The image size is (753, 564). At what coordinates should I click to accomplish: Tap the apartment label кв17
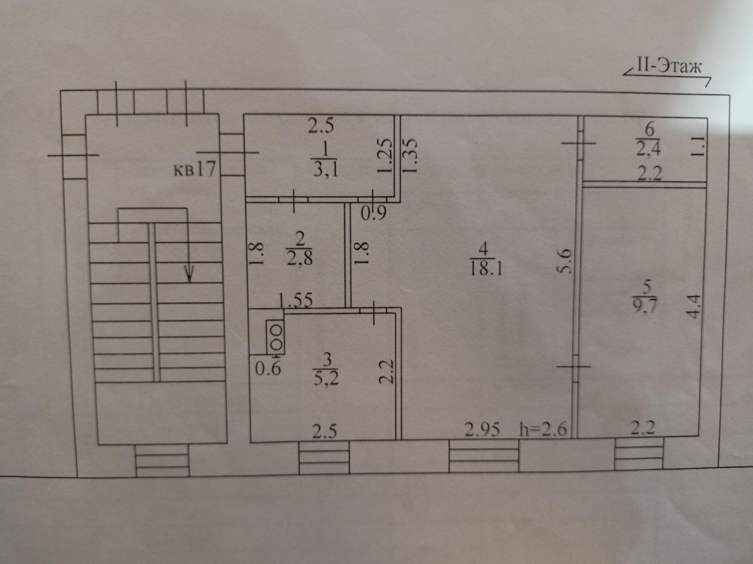click(194, 169)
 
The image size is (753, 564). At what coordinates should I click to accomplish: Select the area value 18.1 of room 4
click(485, 269)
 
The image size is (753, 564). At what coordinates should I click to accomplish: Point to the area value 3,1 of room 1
click(325, 170)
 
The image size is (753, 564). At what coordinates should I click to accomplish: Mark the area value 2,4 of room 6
click(648, 149)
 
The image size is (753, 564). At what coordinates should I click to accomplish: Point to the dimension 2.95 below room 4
click(482, 430)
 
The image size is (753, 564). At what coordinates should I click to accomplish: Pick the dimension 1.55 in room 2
click(295, 300)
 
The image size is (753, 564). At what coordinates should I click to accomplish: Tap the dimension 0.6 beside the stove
click(268, 368)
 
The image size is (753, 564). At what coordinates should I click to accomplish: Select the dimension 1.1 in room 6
click(698, 147)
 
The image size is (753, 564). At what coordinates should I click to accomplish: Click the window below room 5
click(638, 453)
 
